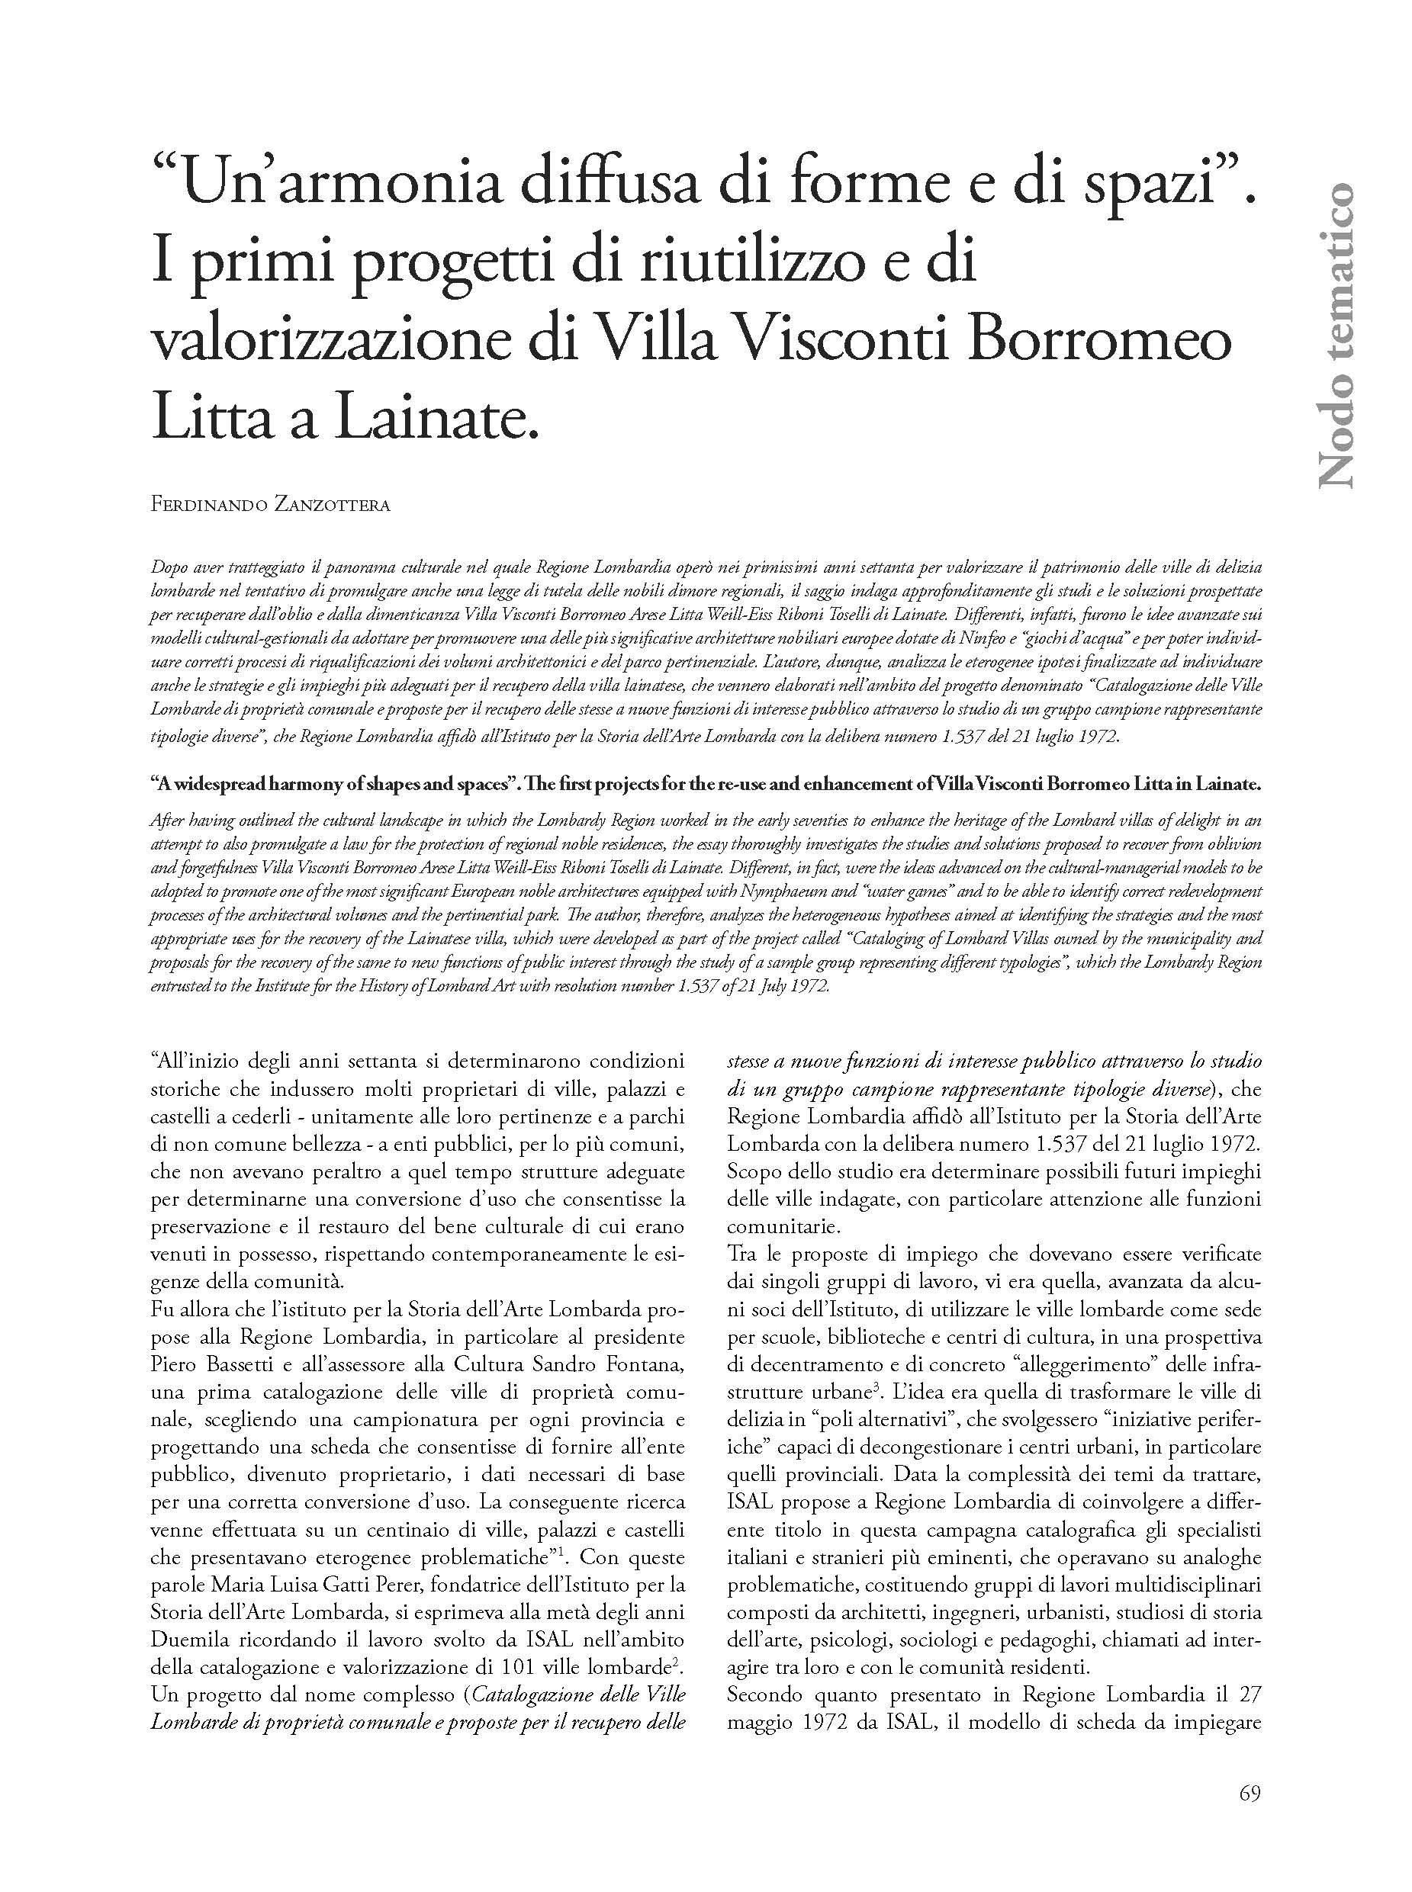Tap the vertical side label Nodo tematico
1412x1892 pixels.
pyautogui.click(x=1335, y=334)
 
